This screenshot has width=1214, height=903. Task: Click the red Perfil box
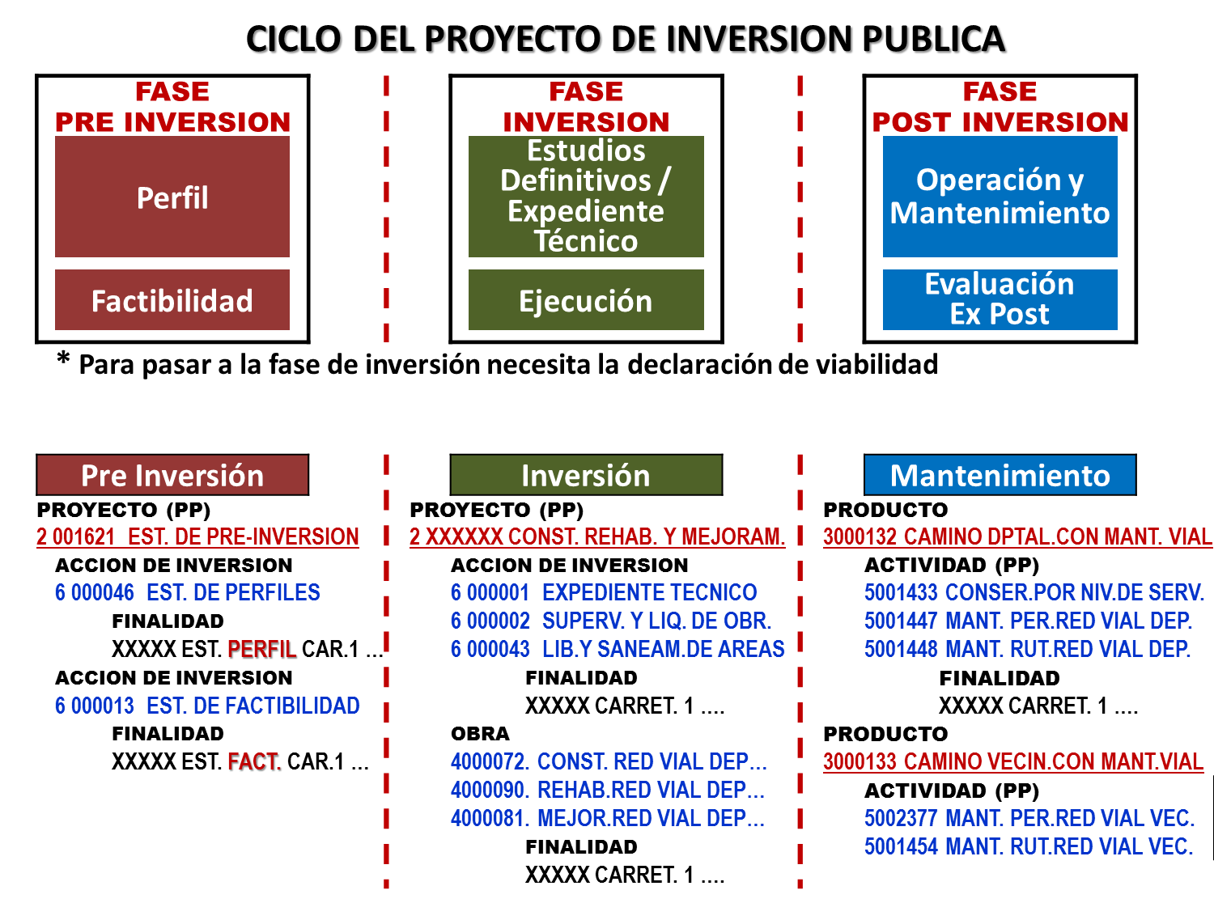pyautogui.click(x=172, y=197)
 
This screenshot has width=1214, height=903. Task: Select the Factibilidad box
pyautogui.click(x=172, y=300)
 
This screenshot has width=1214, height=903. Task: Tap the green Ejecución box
pyautogui.click(x=586, y=300)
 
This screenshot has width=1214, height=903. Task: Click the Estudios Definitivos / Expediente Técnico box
pyautogui.click(x=586, y=197)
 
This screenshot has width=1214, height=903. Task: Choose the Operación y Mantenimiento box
pyautogui.click(x=1000, y=197)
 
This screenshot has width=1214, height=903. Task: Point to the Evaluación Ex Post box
pyautogui.click(x=1000, y=299)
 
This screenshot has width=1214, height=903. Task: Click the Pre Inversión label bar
pyautogui.click(x=172, y=475)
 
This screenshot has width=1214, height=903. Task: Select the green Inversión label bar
pyautogui.click(x=586, y=475)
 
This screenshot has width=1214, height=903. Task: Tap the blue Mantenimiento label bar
pyautogui.click(x=1000, y=475)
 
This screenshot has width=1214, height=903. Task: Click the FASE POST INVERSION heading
pyautogui.click(x=1000, y=107)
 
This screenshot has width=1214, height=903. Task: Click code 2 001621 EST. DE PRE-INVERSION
pyautogui.click(x=197, y=536)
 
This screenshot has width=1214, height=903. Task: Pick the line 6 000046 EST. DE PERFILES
pyautogui.click(x=188, y=592)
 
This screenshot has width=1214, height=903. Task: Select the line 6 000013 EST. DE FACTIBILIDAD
pyautogui.click(x=207, y=706)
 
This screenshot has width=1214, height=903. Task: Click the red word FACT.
pyautogui.click(x=253, y=761)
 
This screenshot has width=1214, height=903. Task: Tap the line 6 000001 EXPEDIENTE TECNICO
pyautogui.click(x=604, y=592)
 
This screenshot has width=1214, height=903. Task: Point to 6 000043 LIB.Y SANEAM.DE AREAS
pyautogui.click(x=618, y=649)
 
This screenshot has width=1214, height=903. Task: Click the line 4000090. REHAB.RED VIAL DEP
pyautogui.click(x=608, y=790)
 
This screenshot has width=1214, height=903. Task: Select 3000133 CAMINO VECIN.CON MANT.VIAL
pyautogui.click(x=1013, y=761)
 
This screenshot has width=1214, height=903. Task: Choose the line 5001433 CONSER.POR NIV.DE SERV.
pyautogui.click(x=1034, y=592)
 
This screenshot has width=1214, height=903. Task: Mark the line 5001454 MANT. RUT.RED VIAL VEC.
pyautogui.click(x=1029, y=846)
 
